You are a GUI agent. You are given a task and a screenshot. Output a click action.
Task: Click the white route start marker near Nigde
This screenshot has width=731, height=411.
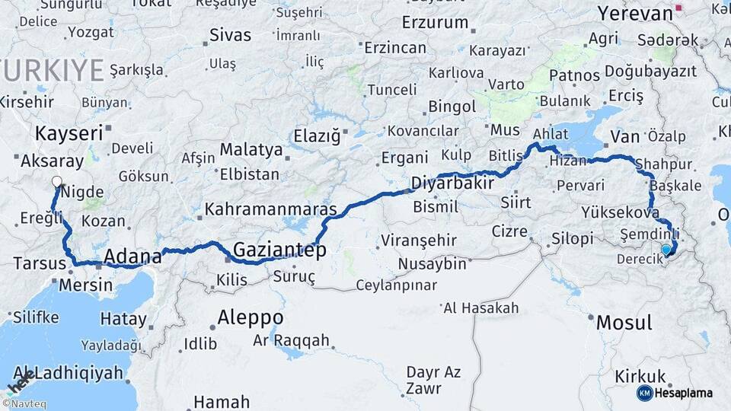point(56,182)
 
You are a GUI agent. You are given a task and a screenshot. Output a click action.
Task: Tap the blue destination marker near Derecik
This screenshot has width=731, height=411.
point(666,250)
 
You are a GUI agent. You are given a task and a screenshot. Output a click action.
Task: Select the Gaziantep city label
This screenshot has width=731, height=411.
point(279,250)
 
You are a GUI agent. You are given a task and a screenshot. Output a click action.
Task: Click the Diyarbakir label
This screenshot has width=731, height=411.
point(452,183)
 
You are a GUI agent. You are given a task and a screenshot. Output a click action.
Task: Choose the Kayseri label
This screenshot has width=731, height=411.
point(69,133)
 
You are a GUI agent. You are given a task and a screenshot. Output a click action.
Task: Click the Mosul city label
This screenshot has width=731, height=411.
point(624,322)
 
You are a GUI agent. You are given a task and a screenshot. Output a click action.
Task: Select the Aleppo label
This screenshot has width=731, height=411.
point(250,317)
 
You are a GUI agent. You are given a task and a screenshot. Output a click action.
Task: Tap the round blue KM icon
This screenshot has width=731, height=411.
point(644,393)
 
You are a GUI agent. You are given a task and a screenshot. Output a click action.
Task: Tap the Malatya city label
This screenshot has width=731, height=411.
point(251,148)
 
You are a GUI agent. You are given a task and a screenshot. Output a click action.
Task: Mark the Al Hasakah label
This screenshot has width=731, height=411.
point(480,307)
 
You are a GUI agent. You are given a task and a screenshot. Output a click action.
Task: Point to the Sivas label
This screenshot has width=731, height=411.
point(229,34)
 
